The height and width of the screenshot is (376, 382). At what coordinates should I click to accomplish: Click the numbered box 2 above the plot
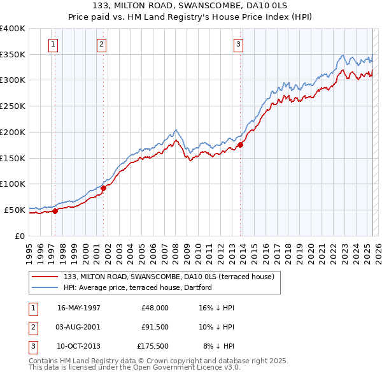click(101, 45)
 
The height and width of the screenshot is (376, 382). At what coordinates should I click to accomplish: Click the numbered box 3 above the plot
click(237, 45)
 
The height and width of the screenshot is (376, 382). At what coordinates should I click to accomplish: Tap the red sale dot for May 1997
click(55, 211)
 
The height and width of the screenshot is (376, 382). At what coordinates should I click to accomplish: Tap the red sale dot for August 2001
click(103, 188)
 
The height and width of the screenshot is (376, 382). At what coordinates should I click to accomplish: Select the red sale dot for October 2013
click(241, 145)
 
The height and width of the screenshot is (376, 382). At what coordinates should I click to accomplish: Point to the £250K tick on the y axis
click(13, 106)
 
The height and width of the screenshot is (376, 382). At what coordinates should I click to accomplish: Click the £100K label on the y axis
click(13, 184)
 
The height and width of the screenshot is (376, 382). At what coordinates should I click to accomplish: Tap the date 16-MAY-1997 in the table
click(79, 308)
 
